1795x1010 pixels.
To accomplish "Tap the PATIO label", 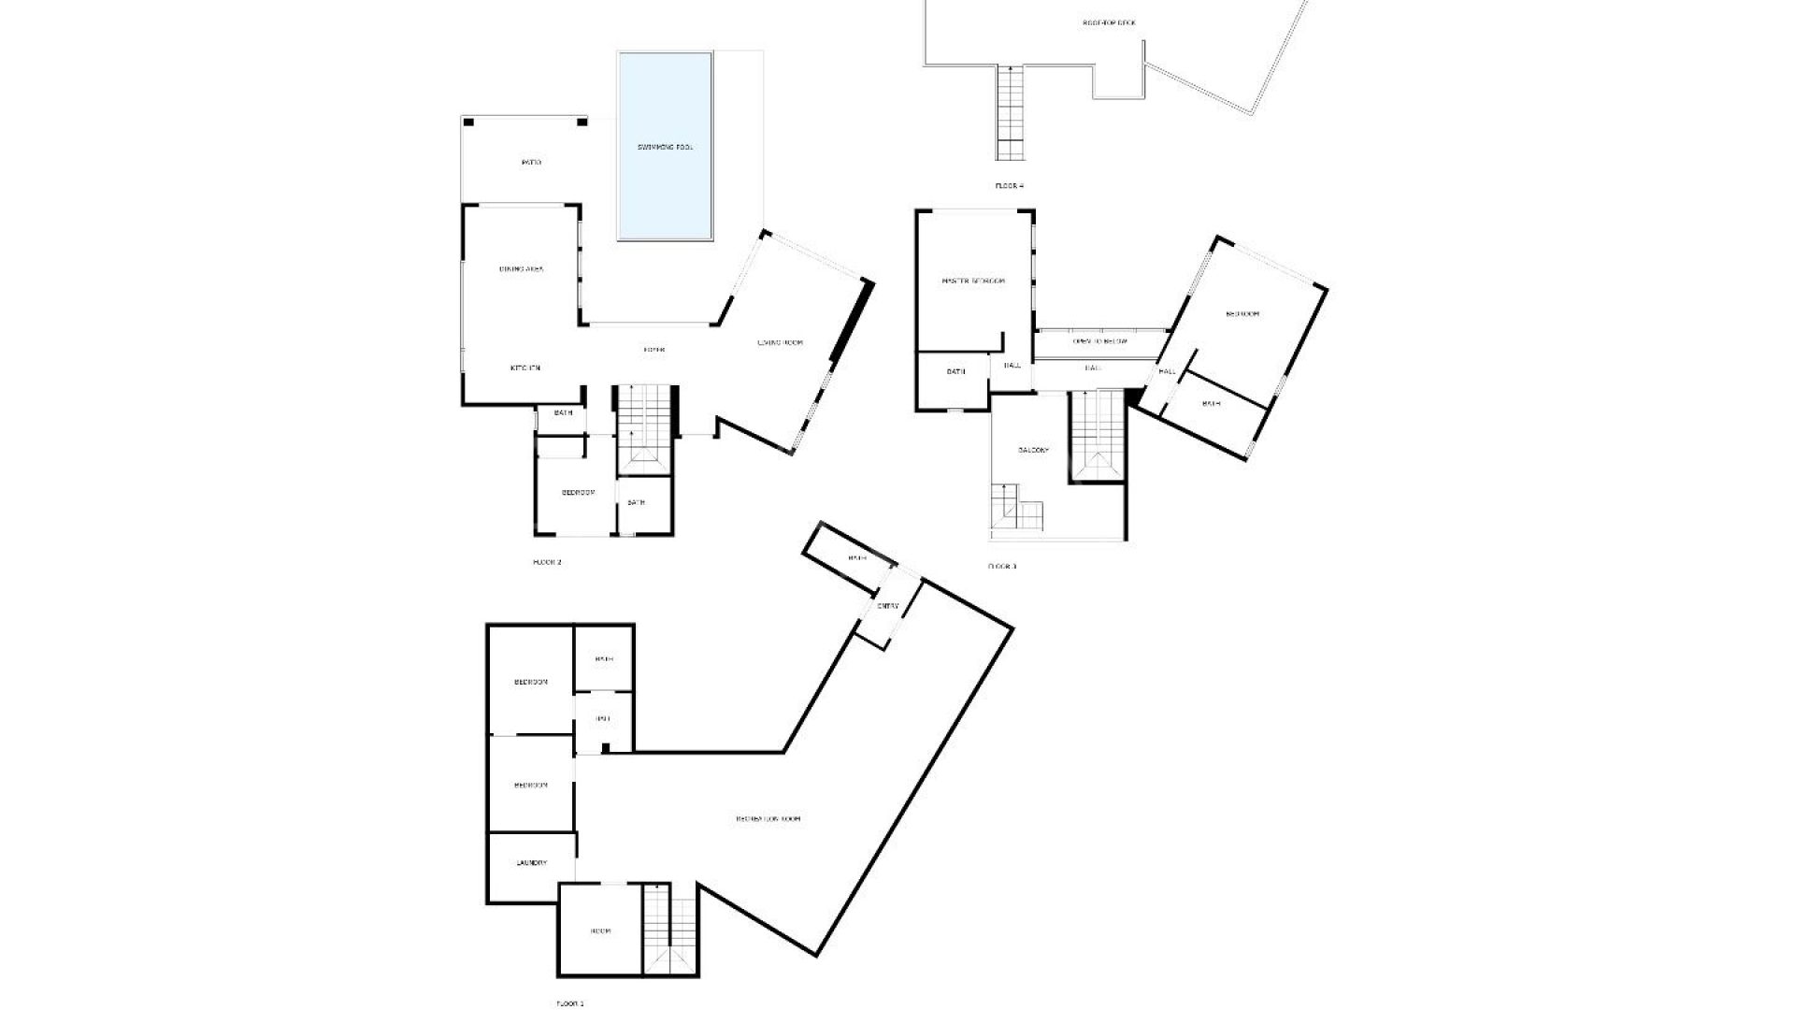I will coord(531,163).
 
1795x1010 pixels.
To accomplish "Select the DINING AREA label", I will coord(521,269).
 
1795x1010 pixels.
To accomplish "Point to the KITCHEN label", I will coord(524,368).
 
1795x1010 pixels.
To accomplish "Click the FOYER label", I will coord(653,350).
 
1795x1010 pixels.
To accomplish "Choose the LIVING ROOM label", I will coord(780,343).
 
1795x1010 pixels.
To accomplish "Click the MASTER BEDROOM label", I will coord(973,281).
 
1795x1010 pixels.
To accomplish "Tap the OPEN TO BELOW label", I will coord(1099,341).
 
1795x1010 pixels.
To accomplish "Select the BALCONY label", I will coord(1033,450).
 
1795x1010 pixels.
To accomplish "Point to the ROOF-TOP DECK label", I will coord(1109,22).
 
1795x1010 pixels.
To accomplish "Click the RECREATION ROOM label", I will coord(768,819).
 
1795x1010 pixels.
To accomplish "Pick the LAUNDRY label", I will coord(531,863).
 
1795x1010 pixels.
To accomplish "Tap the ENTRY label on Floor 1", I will coord(887,606).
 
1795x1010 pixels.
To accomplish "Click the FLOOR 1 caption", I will coord(569,1003).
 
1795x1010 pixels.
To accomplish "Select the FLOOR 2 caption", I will coord(547,562).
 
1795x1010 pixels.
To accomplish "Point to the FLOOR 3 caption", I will coord(1001,567).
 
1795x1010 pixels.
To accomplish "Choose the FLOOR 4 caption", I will coord(1009,186).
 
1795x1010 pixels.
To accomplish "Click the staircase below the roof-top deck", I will coord(1011,112).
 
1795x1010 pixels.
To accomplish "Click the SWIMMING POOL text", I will coord(665,148).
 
